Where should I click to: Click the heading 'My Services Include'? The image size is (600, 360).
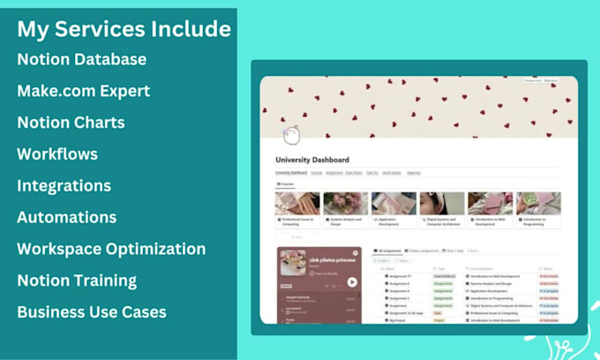(124, 29)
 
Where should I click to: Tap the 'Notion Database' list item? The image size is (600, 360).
(81, 59)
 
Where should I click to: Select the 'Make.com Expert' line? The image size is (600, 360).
(83, 91)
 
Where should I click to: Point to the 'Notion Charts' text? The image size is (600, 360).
(71, 123)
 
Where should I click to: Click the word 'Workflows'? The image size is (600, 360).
(57, 154)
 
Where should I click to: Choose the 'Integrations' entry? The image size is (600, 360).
(64, 185)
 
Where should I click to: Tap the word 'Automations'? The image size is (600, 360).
(66, 217)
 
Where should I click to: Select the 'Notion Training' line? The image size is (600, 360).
(77, 281)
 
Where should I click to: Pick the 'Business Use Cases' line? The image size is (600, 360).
(91, 311)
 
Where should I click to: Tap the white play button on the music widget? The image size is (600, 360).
(352, 282)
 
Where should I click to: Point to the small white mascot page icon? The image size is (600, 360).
(291, 133)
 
